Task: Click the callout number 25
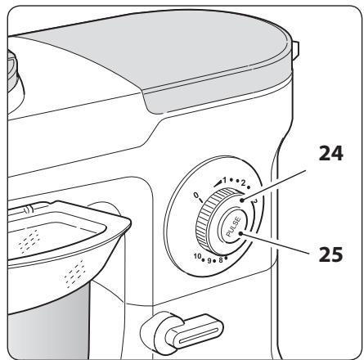point(330,254)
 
